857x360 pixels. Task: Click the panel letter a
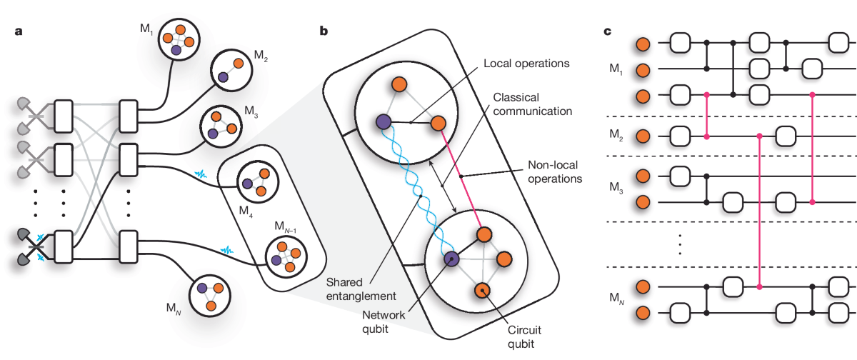(x=19, y=31)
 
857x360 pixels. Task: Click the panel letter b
(x=324, y=31)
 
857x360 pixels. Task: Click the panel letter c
(x=607, y=31)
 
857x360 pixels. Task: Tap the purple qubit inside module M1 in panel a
(x=176, y=50)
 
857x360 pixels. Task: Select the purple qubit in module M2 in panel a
(x=223, y=78)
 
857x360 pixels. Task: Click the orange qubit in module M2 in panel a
(x=239, y=63)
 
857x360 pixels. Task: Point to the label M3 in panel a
(x=251, y=111)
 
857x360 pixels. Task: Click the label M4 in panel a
(x=246, y=211)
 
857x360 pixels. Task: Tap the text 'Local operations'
(x=526, y=63)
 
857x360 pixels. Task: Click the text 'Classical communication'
(x=532, y=104)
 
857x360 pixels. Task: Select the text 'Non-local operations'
(x=555, y=171)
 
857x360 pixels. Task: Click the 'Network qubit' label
(x=384, y=321)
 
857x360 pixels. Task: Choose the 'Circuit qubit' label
(x=524, y=336)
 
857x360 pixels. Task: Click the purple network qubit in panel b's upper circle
(x=384, y=122)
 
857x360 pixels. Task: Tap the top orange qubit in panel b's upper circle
(x=399, y=84)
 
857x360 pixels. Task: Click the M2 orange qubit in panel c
(x=643, y=136)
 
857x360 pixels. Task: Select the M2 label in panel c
(x=616, y=135)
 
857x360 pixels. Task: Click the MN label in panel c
(x=617, y=298)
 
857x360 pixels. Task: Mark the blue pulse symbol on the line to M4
(x=201, y=175)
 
